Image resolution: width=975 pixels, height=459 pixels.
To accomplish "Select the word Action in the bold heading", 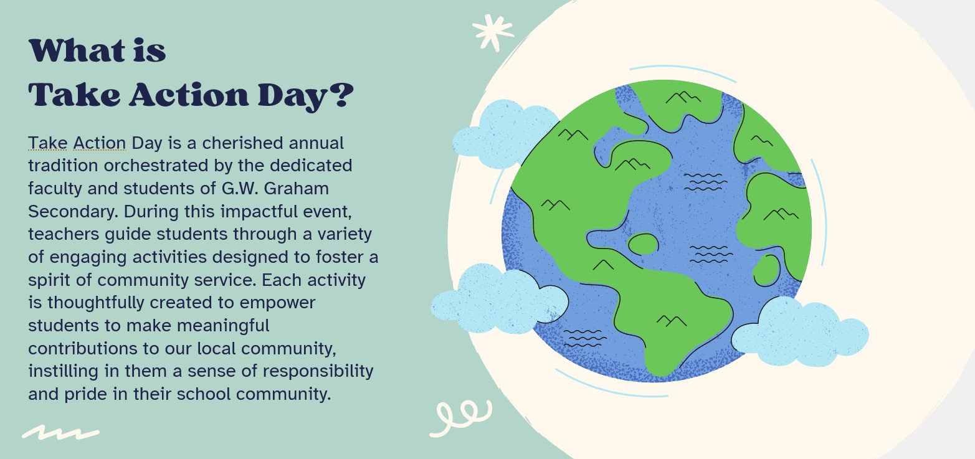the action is pos(189,95).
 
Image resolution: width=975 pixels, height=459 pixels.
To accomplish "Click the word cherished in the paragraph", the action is pos(242,143).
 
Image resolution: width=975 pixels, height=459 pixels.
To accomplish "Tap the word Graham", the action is pos(296,188).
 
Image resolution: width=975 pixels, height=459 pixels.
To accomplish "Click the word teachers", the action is pos(64,234).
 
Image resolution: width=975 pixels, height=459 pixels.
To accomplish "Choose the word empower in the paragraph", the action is pos(277,303).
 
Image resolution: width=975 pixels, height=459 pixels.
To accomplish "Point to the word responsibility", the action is pos(318,372).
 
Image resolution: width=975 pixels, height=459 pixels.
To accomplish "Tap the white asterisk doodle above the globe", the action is pos(493,32).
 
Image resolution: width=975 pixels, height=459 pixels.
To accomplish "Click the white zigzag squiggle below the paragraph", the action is pos(60,432).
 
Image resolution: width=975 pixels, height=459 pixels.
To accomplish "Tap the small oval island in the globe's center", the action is pos(644,244).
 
